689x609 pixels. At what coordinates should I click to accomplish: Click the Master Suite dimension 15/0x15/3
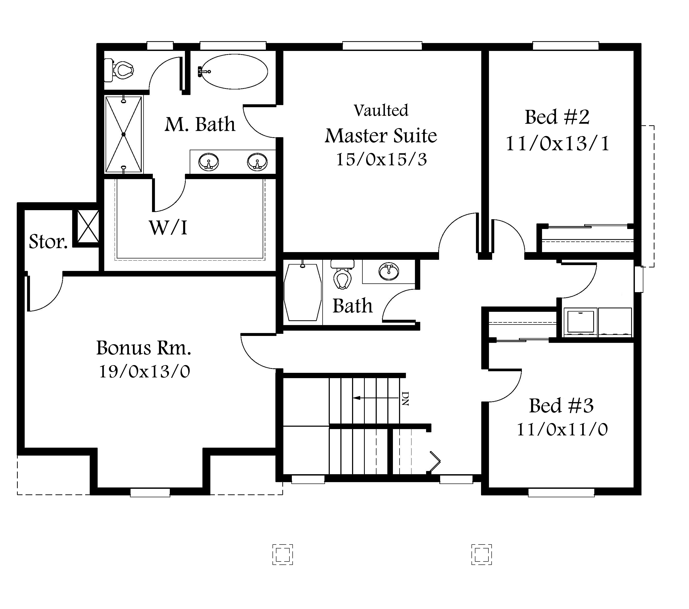381,159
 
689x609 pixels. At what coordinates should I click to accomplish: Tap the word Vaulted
381,111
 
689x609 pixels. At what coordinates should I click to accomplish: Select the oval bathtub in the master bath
234,71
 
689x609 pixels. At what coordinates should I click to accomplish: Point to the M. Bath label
200,124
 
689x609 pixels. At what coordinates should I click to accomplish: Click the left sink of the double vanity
208,162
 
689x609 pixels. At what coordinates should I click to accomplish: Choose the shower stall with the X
123,134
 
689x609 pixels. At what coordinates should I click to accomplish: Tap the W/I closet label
168,228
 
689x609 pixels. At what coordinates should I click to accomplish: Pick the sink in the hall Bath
388,271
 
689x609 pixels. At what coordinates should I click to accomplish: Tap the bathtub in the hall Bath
302,292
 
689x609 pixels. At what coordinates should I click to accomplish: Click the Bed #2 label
557,117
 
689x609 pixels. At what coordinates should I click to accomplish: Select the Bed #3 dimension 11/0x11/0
562,430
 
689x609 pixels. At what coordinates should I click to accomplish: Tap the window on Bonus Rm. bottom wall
150,493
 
